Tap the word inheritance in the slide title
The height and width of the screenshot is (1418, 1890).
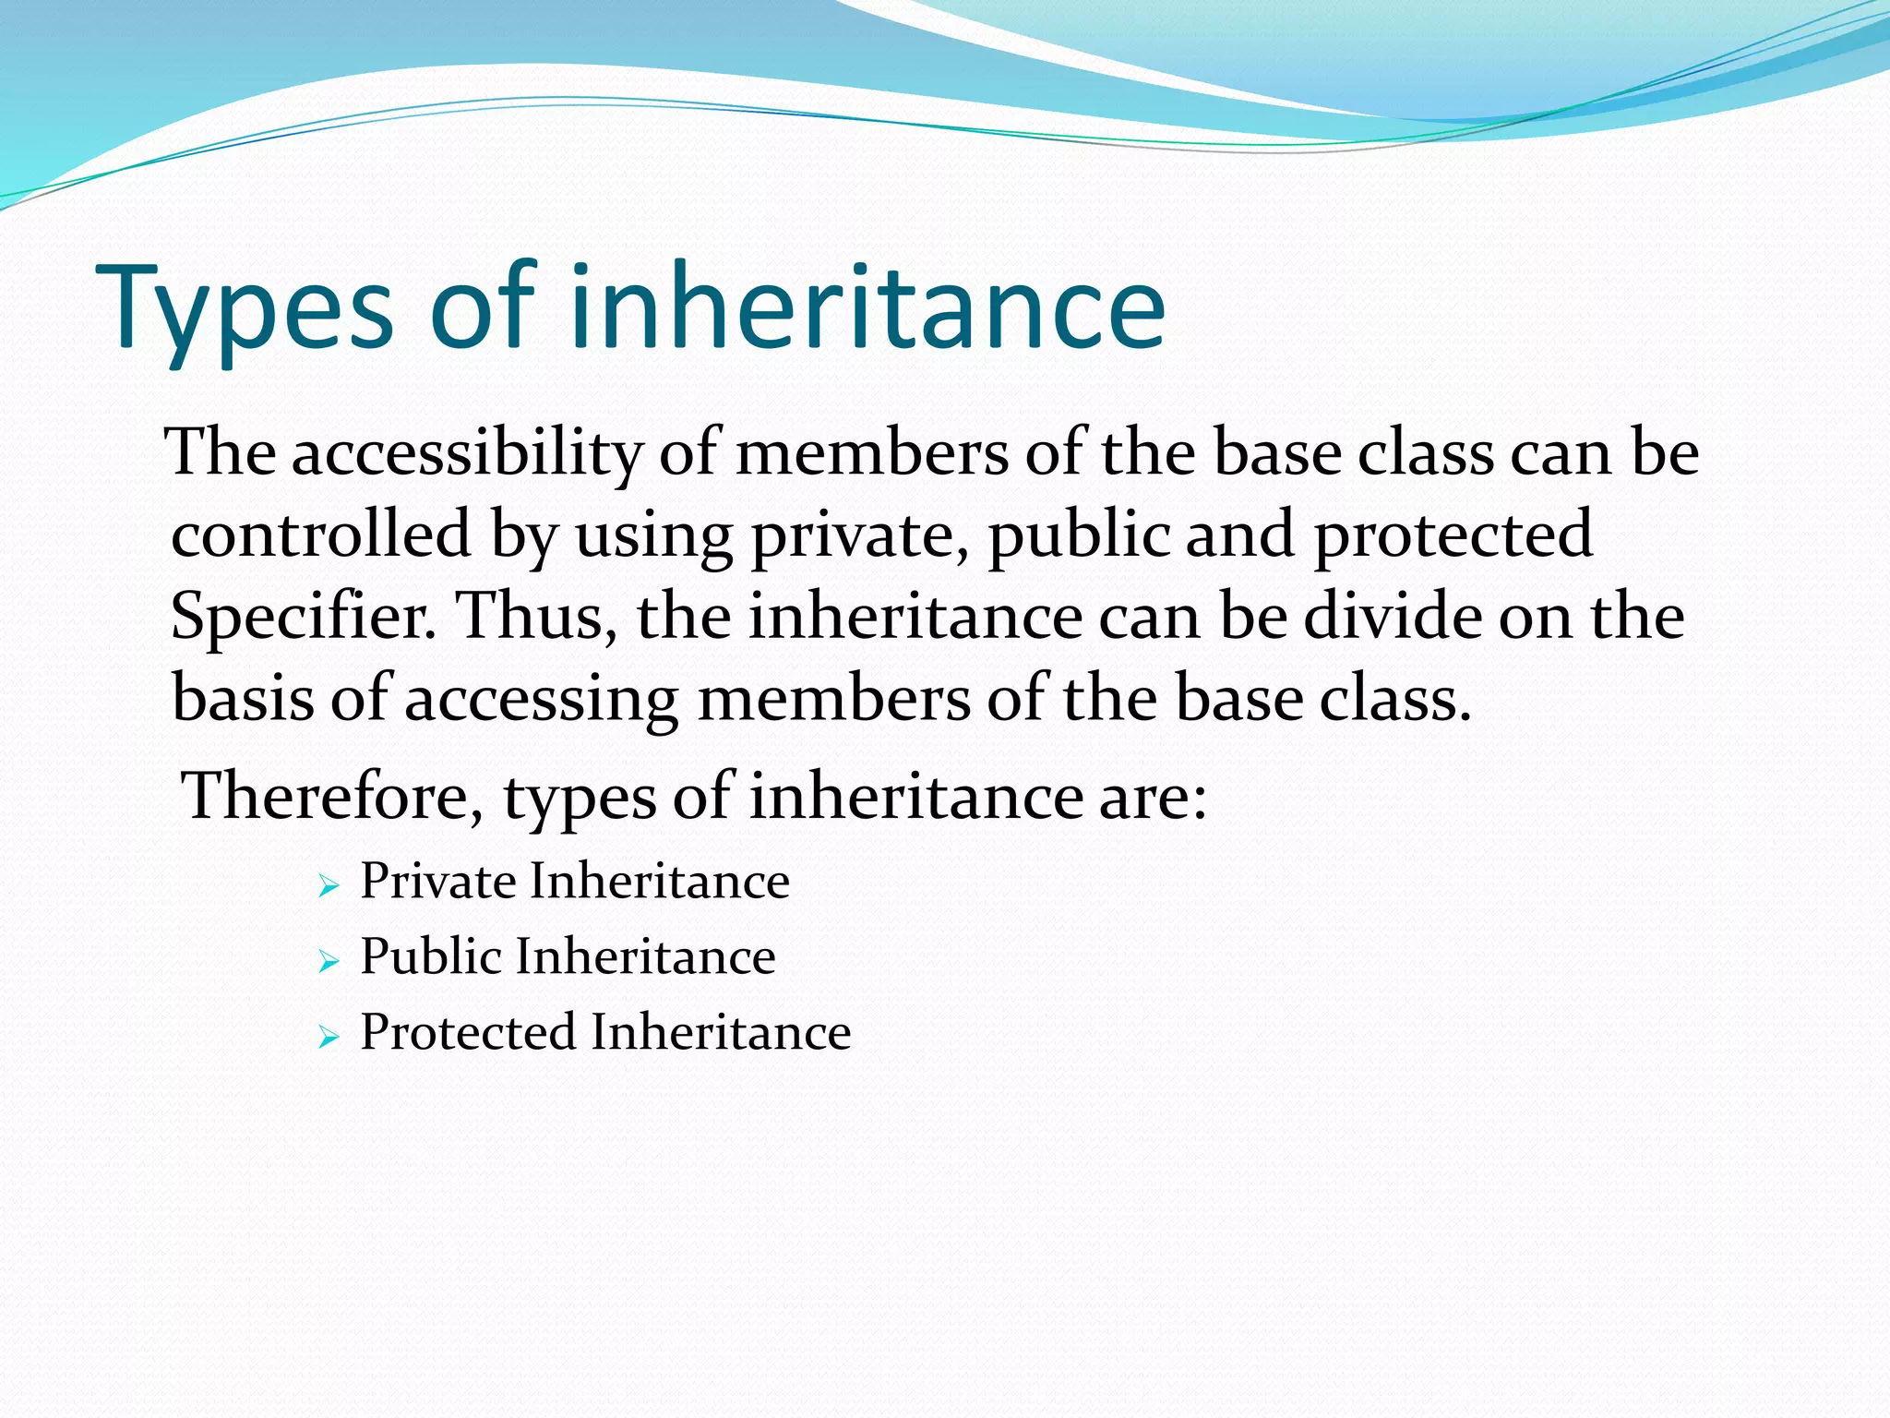(867, 306)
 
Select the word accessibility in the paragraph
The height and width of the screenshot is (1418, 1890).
(467, 453)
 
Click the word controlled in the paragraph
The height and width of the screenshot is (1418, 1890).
(321, 535)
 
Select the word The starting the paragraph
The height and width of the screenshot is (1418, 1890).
(221, 453)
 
